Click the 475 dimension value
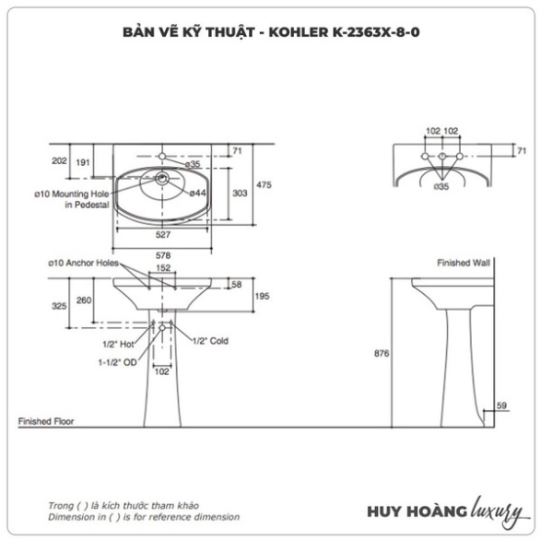tap(264, 185)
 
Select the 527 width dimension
tap(163, 235)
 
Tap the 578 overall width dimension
tap(163, 255)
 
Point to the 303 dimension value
tap(240, 193)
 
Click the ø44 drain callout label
tap(197, 193)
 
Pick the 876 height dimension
tap(382, 353)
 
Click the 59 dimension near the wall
tap(501, 406)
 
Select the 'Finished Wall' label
tap(464, 263)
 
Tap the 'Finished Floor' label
tap(46, 421)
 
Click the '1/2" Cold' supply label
tap(210, 341)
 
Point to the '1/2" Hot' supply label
tap(118, 344)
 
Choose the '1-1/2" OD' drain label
tap(118, 362)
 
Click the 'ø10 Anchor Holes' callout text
tap(83, 263)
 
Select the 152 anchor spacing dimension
tap(163, 268)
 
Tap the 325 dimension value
tap(59, 306)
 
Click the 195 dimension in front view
tap(263, 296)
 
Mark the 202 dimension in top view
tap(59, 160)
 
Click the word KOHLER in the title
tap(299, 32)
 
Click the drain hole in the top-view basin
tap(162, 179)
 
